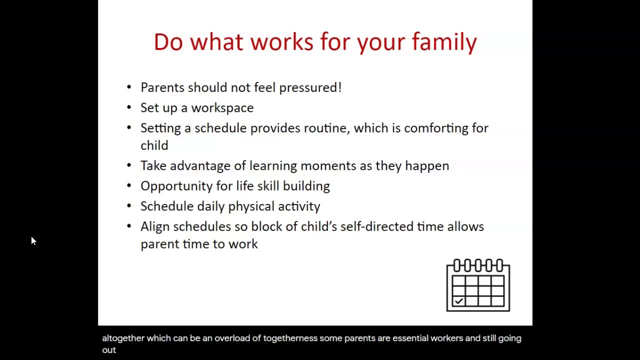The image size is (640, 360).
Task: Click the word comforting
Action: coord(436,128)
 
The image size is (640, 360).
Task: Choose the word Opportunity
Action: coord(176,186)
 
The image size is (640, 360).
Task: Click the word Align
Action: coord(154,226)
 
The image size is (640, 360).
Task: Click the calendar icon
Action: coord(478,285)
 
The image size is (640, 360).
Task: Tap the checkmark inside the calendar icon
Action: coord(458,300)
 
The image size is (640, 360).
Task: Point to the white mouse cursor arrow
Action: coord(33,241)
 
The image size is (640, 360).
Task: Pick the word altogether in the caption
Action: coord(123,338)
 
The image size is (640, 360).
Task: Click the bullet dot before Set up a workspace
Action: coord(129,107)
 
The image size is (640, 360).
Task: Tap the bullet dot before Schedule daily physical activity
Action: coord(129,206)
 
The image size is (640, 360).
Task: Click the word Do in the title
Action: coord(168,42)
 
